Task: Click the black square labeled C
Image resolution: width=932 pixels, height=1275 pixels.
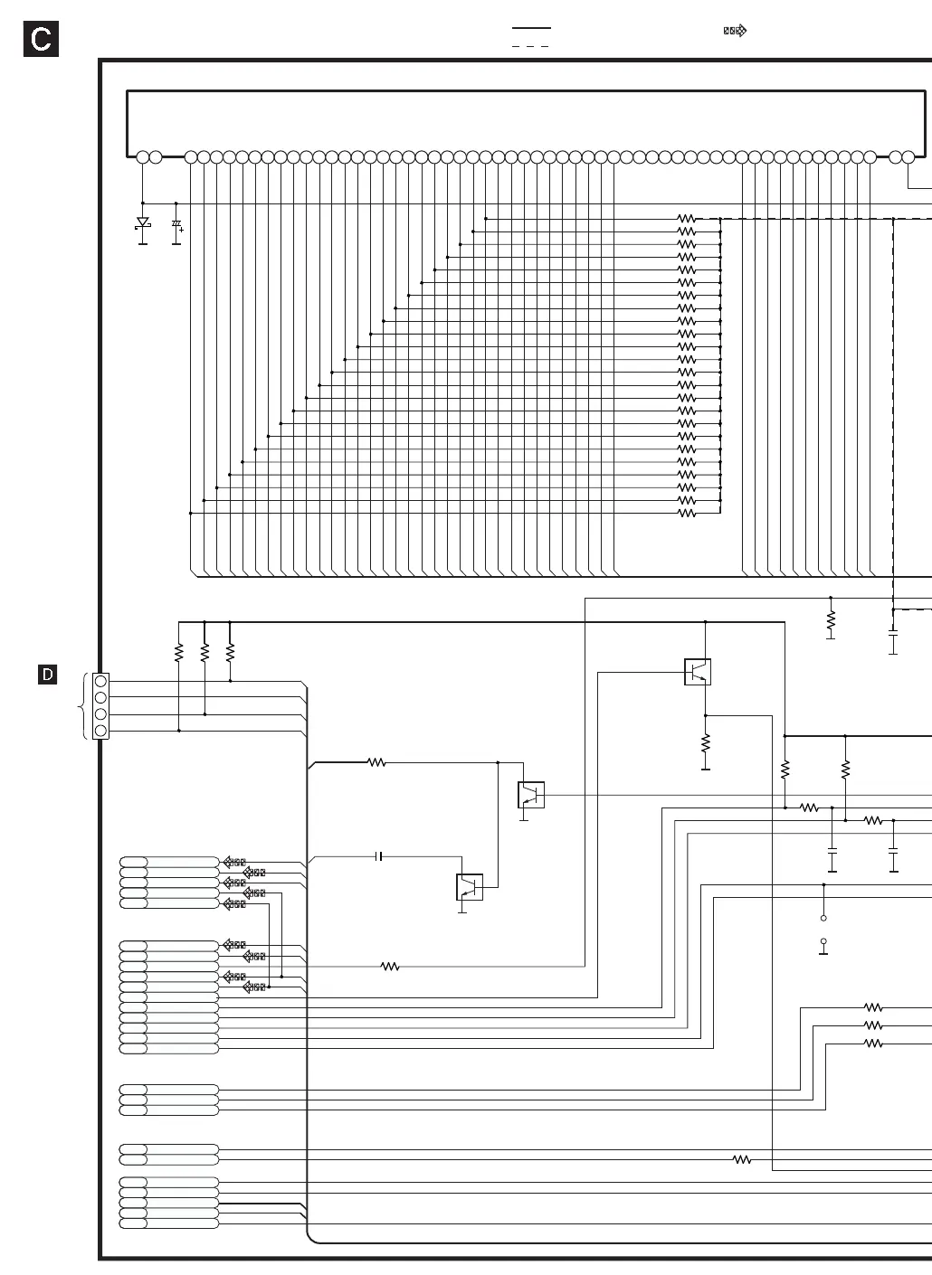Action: tap(41, 39)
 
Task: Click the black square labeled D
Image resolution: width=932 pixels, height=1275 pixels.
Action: tap(47, 675)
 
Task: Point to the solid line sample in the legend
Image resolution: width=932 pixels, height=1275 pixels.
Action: tap(531, 27)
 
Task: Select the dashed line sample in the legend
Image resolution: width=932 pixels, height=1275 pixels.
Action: tap(530, 46)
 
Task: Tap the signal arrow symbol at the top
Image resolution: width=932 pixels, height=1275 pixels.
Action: tap(735, 30)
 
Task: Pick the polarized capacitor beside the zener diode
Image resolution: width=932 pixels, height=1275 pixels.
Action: tap(176, 225)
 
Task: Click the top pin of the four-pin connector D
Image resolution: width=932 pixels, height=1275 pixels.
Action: tap(100, 681)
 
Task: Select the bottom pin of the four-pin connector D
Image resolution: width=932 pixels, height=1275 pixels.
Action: tap(100, 731)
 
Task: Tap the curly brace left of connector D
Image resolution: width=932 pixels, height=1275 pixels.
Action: tap(82, 706)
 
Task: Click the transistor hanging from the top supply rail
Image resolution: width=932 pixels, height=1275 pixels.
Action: tap(698, 672)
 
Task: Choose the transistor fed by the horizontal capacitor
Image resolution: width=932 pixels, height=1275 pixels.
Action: tap(470, 887)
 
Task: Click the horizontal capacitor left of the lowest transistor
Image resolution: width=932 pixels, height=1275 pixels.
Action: tap(379, 856)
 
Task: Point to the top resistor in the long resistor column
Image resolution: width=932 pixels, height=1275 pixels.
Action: tap(687, 219)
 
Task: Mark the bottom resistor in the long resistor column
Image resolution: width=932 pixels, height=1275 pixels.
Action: tap(687, 514)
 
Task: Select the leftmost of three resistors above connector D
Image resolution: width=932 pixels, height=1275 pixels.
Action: tap(179, 652)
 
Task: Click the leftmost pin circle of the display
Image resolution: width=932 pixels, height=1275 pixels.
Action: tap(142, 157)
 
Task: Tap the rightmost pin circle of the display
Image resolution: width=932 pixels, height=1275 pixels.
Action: tap(908, 157)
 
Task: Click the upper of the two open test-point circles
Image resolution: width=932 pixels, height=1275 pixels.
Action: tap(823, 918)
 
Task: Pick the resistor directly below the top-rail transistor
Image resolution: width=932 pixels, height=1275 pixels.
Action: tap(706, 743)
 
